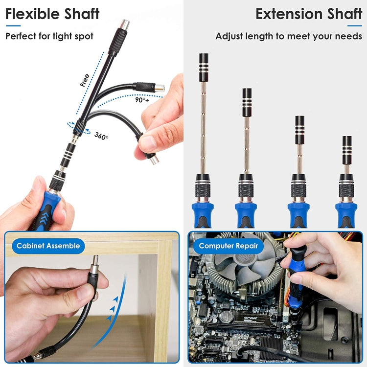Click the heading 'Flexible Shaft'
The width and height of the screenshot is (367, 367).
[52, 14]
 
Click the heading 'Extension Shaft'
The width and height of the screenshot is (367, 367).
[308, 14]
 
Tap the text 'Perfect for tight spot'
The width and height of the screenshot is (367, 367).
[49, 36]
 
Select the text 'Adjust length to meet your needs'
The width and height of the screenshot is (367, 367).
[288, 36]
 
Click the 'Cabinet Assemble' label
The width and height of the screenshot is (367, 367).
[48, 246]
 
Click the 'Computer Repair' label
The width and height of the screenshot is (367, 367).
[228, 246]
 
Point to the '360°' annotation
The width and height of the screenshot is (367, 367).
[102, 136]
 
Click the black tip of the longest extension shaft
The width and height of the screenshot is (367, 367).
[204, 68]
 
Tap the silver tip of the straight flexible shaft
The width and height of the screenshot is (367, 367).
[125, 24]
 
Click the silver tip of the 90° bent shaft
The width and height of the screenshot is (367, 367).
[160, 88]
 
